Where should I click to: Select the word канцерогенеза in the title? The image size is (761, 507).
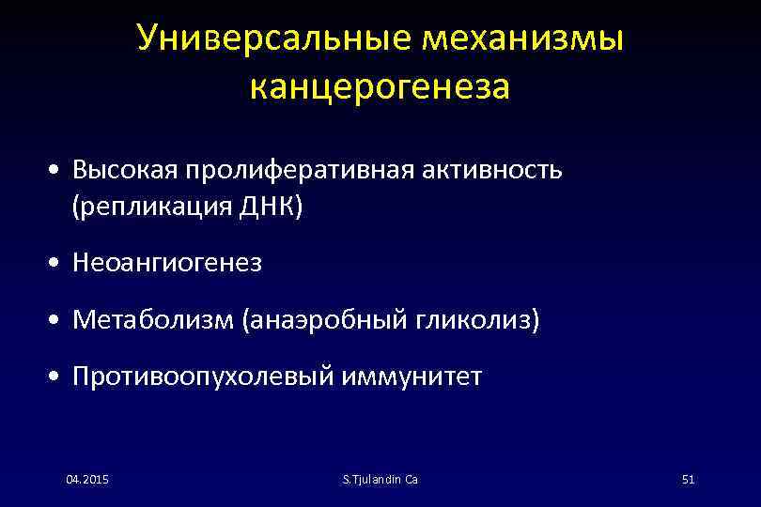click(x=380, y=86)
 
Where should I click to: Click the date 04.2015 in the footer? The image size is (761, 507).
click(x=87, y=480)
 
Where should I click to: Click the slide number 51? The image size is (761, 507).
click(x=687, y=480)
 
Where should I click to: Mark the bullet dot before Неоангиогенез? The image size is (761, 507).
click(x=58, y=265)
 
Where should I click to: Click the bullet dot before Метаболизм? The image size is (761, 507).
click(x=58, y=322)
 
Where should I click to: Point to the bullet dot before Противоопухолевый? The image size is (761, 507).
click(x=58, y=378)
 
